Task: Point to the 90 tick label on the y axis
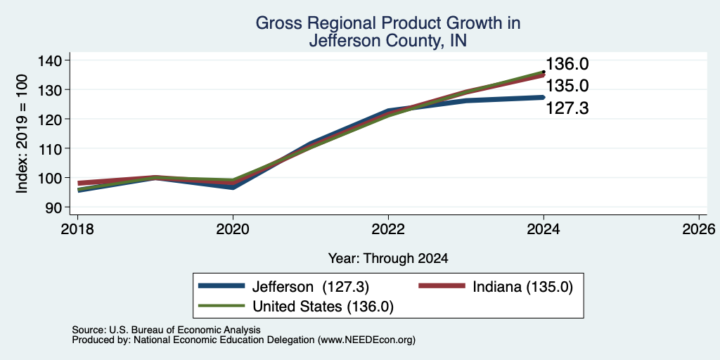tap(53, 207)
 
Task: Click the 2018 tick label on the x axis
tap(77, 229)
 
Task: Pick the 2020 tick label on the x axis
tap(233, 229)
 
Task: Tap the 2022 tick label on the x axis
tap(388, 229)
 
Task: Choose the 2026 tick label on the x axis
tap(699, 229)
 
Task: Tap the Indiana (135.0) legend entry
tap(496, 287)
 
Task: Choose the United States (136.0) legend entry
tap(296, 307)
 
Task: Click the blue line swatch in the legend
tap(221, 286)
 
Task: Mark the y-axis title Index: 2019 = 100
tap(22, 134)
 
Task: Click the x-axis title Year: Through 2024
tap(388, 259)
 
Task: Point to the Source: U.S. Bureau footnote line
tap(166, 330)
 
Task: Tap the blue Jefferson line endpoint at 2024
tap(544, 97)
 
